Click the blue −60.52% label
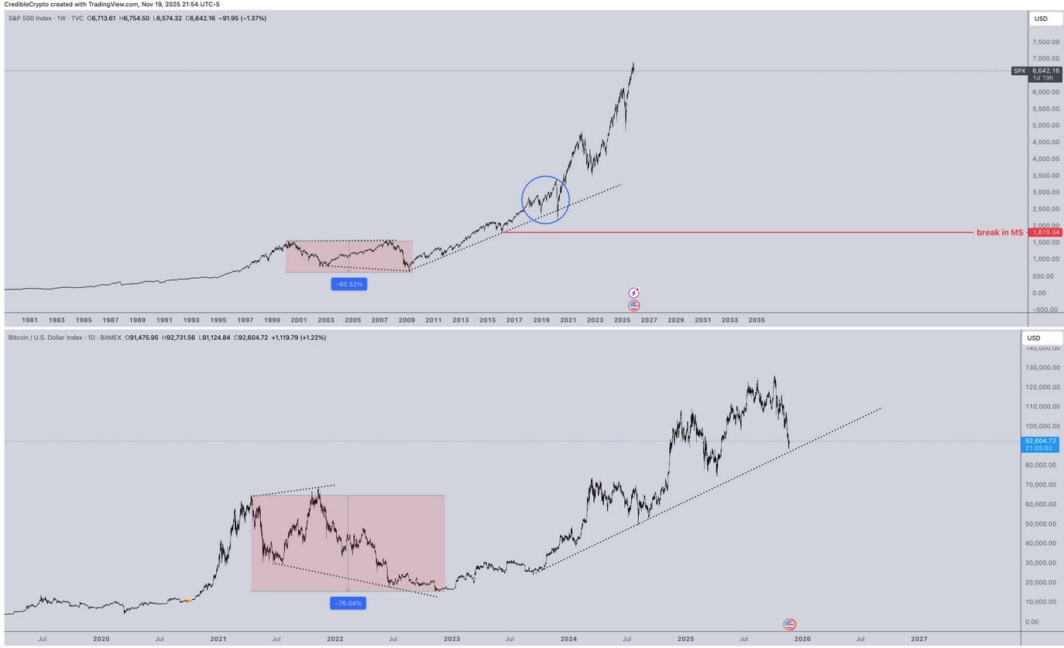348,284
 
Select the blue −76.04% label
348,603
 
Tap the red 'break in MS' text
1000,232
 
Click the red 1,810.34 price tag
1045,232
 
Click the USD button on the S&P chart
1041,19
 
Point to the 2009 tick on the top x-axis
407,320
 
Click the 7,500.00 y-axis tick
1045,42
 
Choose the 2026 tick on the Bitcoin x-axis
802,639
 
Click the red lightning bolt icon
634,293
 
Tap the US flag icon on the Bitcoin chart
789,624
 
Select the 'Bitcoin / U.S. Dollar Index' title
52,338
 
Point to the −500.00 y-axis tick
1045,310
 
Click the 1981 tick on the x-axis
29,320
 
